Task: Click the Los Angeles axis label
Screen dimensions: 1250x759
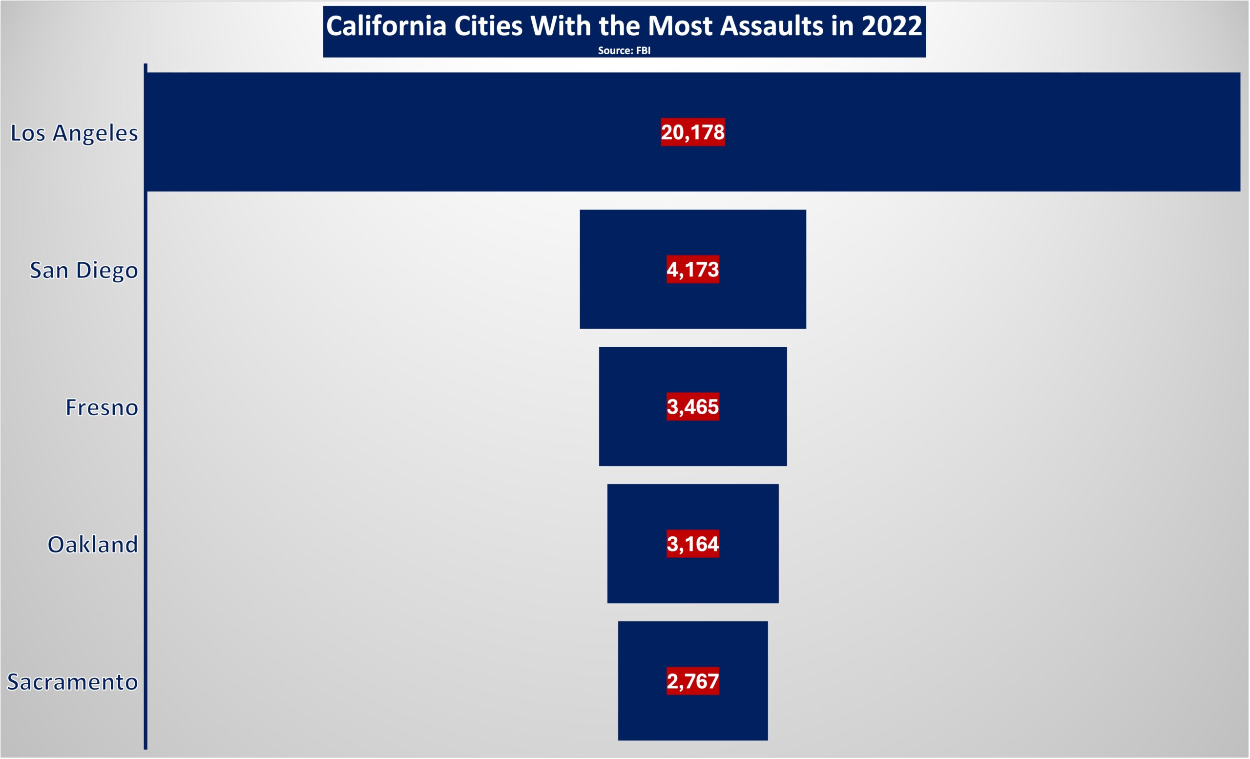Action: click(x=74, y=133)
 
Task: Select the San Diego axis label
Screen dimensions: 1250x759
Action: click(x=83, y=271)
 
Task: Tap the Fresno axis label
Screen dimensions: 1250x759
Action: click(x=102, y=407)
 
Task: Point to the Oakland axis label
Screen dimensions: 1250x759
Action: click(x=93, y=545)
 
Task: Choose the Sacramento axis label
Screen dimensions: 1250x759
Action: click(x=73, y=682)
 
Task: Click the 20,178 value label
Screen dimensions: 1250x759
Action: click(x=692, y=132)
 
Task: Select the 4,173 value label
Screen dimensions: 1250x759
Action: click(x=692, y=270)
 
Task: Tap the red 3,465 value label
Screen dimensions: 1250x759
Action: click(x=692, y=406)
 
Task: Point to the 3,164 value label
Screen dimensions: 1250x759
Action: click(x=692, y=544)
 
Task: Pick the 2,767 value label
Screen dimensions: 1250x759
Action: click(x=692, y=681)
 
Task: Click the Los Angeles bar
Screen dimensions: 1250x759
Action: click(x=693, y=132)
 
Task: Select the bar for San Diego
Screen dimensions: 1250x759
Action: click(x=693, y=270)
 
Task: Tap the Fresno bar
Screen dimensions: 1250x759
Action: click(x=693, y=406)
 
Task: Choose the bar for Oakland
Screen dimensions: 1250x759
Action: click(x=693, y=544)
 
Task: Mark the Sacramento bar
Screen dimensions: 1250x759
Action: click(x=693, y=681)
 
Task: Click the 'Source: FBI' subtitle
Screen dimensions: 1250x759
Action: click(x=624, y=50)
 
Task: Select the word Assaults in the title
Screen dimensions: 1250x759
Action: click(x=771, y=26)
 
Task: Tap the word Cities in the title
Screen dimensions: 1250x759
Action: click(x=488, y=26)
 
